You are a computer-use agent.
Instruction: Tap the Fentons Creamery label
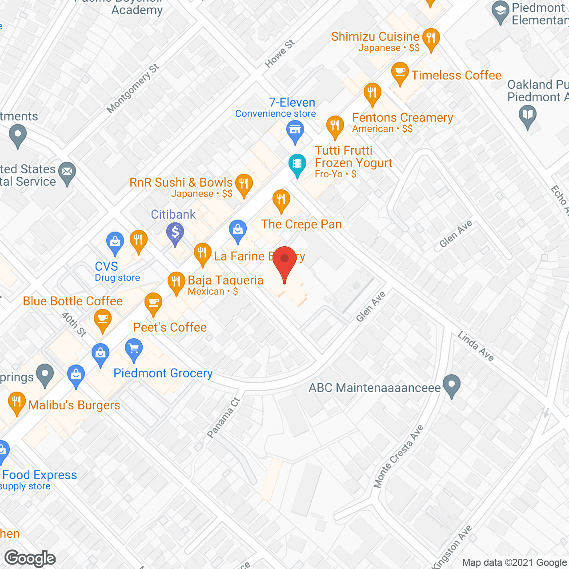coord(402,118)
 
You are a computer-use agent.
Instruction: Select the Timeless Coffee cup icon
coord(400,72)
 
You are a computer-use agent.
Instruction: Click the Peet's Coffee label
coord(170,328)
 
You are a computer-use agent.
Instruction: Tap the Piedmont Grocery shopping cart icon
coord(134,349)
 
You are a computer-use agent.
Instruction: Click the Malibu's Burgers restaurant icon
coord(16,403)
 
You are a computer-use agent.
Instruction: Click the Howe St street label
coord(280,54)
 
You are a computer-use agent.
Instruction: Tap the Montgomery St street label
coord(132,88)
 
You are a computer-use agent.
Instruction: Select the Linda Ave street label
coord(476,346)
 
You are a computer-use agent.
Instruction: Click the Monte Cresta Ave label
coord(398,457)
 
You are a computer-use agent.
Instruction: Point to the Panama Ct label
coord(224,418)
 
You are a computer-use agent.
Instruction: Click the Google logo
coord(30,558)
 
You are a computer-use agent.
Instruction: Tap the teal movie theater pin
coord(297,164)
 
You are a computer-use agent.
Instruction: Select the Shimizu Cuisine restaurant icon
coord(430,38)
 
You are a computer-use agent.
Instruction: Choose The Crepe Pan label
coord(301,224)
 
